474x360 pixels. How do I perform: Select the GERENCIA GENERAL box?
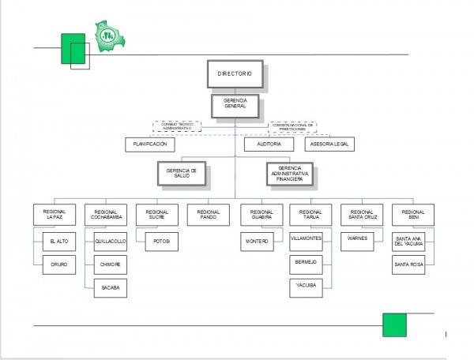pos(234,106)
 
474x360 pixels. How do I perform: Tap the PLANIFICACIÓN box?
pos(149,144)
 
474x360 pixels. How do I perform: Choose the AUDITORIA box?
pos(262,144)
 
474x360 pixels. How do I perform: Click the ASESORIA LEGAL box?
pos(329,144)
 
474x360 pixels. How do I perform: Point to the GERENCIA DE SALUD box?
pos(182,173)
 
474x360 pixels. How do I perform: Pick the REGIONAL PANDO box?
pos(209,214)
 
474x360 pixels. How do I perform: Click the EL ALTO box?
pos(58,241)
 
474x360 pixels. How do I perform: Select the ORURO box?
pos(58,264)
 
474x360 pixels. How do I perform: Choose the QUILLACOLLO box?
pos(110,241)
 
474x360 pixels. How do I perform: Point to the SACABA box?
pos(110,289)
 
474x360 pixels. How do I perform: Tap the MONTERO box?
pos(258,241)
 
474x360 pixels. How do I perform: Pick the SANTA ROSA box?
pos(408,264)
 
